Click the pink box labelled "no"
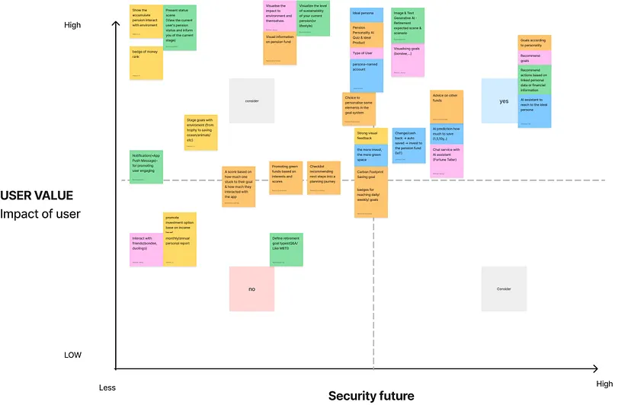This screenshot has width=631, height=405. pyautogui.click(x=251, y=289)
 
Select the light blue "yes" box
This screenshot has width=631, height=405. pyautogui.click(x=503, y=100)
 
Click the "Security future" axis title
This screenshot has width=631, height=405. pyautogui.click(x=371, y=395)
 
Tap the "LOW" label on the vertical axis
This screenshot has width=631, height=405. pyautogui.click(x=72, y=355)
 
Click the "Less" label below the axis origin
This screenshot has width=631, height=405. pyautogui.click(x=107, y=387)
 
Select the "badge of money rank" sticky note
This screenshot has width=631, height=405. pyautogui.click(x=146, y=63)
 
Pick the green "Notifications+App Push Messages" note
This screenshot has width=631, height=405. pyautogui.click(x=146, y=167)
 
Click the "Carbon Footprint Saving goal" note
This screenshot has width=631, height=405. pyautogui.click(x=371, y=176)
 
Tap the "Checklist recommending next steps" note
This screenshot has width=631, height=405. pyautogui.click(x=324, y=177)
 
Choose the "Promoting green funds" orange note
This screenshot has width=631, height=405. pyautogui.click(x=286, y=177)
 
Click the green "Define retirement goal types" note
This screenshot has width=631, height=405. pyautogui.click(x=287, y=249)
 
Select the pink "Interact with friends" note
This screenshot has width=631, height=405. pyautogui.click(x=146, y=249)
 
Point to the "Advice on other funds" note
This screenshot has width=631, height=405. pyautogui.click(x=447, y=107)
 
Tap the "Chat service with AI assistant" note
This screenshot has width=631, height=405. pyautogui.click(x=447, y=161)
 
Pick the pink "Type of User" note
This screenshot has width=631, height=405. pyautogui.click(x=367, y=53)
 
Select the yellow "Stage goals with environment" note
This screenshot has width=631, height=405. pyautogui.click(x=200, y=132)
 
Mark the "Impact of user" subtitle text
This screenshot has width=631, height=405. pyautogui.click(x=40, y=214)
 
